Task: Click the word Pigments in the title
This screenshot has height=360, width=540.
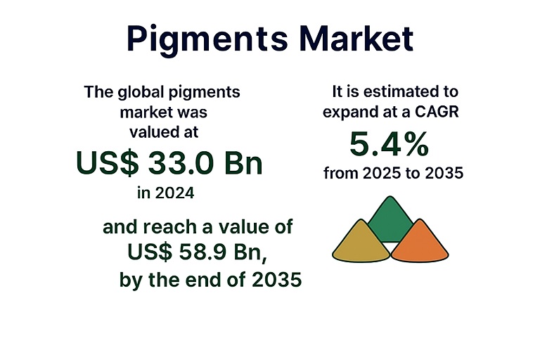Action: (x=207, y=39)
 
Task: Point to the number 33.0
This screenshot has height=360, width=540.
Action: (x=181, y=163)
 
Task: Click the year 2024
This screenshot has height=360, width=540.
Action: (x=174, y=193)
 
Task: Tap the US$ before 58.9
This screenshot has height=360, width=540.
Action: (x=150, y=252)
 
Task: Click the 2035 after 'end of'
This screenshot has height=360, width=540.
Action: (x=276, y=279)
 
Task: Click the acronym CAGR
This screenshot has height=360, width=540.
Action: (x=437, y=112)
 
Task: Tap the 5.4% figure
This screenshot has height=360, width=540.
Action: (x=389, y=144)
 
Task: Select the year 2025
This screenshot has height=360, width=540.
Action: (x=382, y=173)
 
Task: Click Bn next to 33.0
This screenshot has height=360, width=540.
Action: (x=243, y=163)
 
